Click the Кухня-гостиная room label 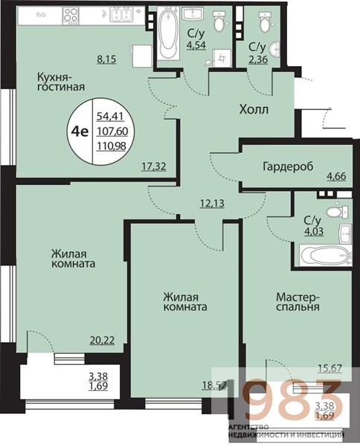point(61,81)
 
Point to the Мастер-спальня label point(297,300)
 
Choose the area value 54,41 point(110,114)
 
